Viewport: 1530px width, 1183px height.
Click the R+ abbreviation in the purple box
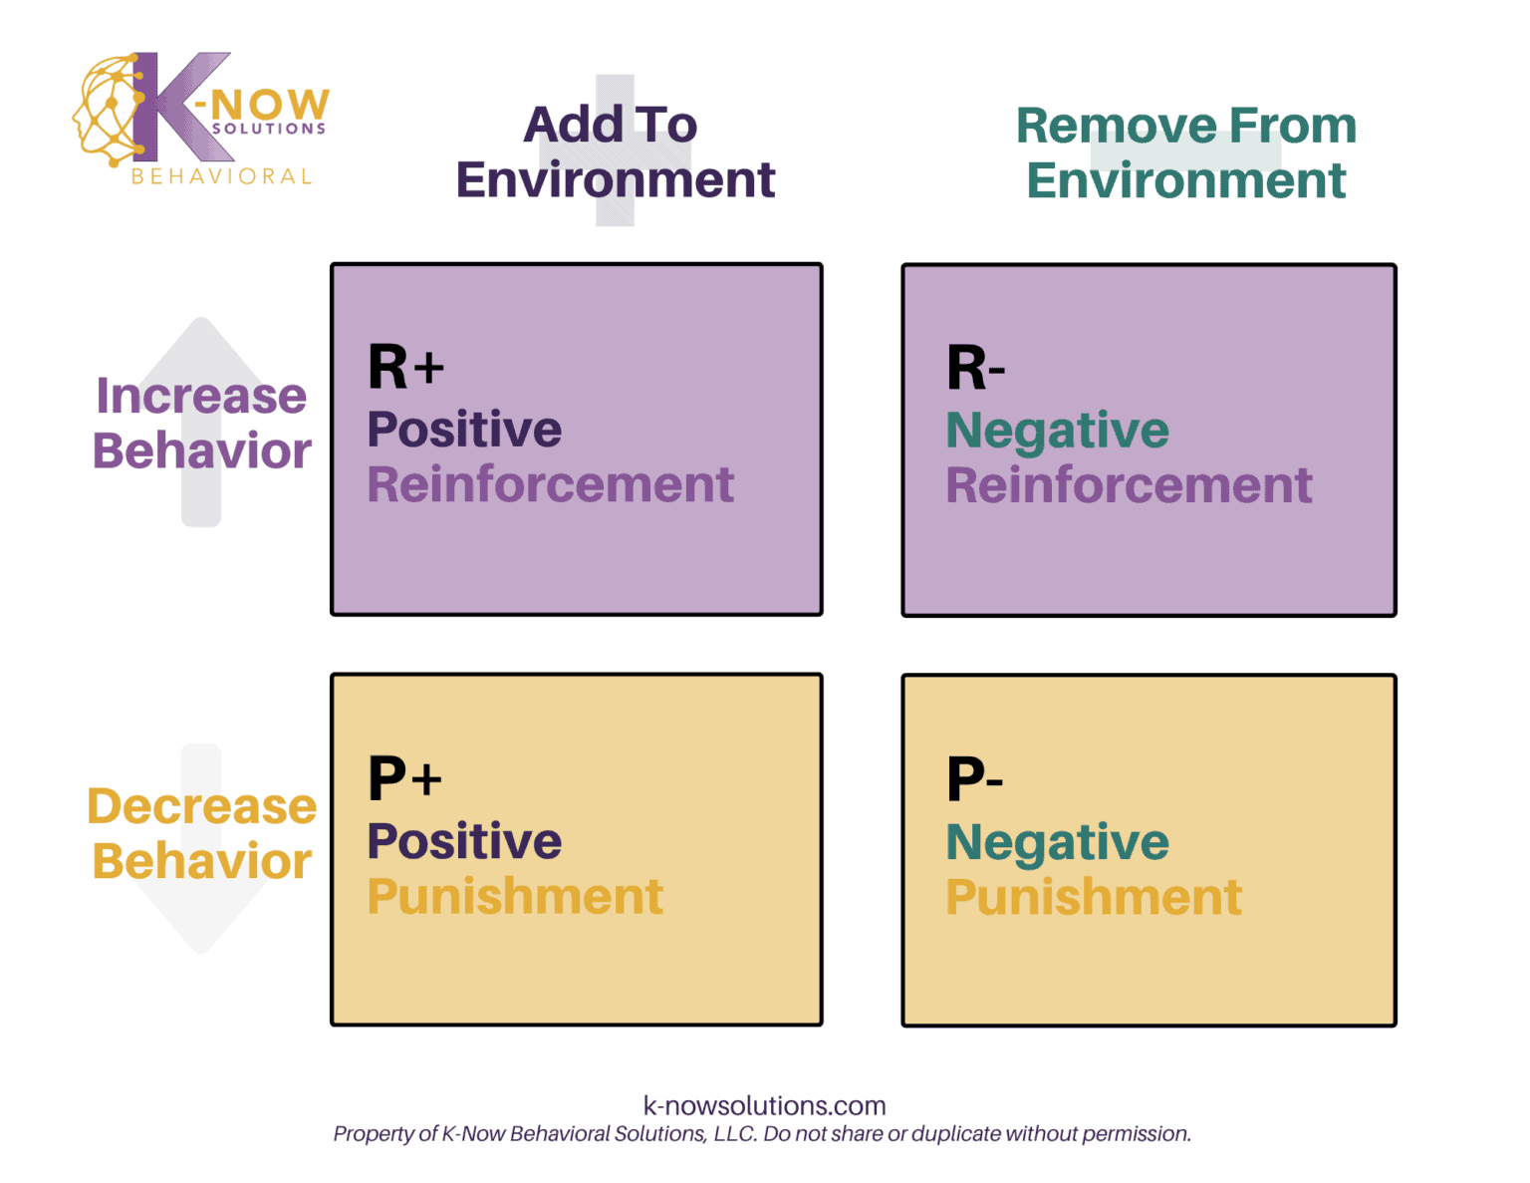tap(405, 367)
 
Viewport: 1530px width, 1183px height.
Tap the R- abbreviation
tap(975, 368)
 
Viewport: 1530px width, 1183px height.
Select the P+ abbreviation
tap(404, 778)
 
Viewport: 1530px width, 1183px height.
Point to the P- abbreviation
tap(974, 778)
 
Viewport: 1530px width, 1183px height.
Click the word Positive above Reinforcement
tap(464, 430)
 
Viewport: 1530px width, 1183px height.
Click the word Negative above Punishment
tap(1057, 842)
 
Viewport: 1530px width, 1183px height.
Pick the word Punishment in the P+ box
tap(515, 896)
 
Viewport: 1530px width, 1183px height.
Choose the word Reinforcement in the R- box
tap(1129, 485)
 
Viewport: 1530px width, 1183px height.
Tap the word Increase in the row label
tap(201, 396)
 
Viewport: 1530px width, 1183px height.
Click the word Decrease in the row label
tap(202, 806)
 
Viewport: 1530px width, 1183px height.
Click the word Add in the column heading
tap(574, 125)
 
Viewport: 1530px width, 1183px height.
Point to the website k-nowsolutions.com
tap(764, 1105)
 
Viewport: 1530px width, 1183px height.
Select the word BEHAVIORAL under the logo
tap(222, 176)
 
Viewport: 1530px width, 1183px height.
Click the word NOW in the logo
tap(270, 104)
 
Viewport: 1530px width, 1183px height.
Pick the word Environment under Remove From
tap(1185, 180)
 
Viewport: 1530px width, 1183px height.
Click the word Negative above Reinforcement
tap(1057, 431)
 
